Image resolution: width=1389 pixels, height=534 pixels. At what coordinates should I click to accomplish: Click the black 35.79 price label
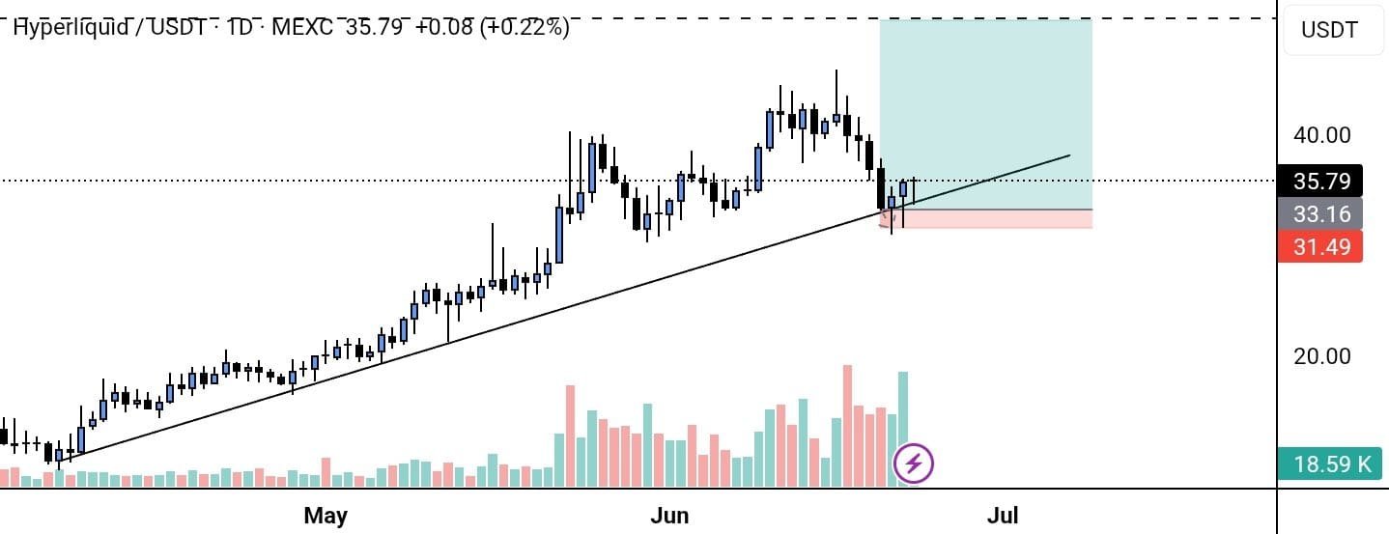coord(1319,181)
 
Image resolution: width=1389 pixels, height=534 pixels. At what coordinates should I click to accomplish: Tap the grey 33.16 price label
coord(1319,213)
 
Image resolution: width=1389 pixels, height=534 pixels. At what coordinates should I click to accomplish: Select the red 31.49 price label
coord(1319,246)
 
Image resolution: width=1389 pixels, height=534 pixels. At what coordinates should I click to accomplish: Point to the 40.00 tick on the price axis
coord(1321,135)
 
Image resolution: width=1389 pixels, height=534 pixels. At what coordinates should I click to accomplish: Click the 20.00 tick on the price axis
coord(1321,356)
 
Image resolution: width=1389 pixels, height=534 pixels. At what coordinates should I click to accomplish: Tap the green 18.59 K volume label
coord(1332,464)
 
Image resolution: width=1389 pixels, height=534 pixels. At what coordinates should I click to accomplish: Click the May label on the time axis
coord(325,515)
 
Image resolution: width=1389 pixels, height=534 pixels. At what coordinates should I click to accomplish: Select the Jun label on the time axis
coord(669,515)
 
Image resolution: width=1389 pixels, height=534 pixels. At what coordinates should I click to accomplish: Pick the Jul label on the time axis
coord(1002,515)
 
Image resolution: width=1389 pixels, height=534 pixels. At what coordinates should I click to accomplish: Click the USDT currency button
coord(1329,30)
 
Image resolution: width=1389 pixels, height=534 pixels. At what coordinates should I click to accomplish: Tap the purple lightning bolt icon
coord(914,464)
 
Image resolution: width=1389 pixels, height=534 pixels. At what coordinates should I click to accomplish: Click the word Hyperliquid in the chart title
coord(71,27)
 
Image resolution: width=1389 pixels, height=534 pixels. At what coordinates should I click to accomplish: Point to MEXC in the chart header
coord(302,27)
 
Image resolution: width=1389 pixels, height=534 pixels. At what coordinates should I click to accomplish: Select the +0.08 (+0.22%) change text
coord(492,27)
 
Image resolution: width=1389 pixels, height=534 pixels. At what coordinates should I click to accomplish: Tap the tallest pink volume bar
coord(847,425)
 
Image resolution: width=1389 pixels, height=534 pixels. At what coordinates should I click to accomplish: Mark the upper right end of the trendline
coord(1069,155)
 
